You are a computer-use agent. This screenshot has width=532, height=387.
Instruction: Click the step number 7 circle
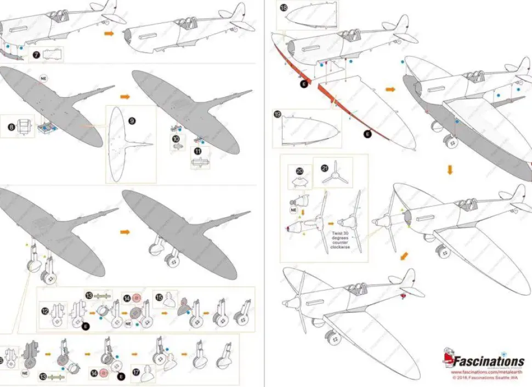(36, 54)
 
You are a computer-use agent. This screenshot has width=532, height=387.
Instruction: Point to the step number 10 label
(176, 139)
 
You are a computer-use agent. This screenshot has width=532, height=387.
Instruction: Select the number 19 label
(278, 114)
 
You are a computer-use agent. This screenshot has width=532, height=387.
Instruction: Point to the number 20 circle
(299, 170)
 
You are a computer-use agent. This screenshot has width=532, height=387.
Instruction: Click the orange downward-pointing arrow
(450, 170)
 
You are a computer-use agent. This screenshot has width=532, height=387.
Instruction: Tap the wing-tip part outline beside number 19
(307, 129)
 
